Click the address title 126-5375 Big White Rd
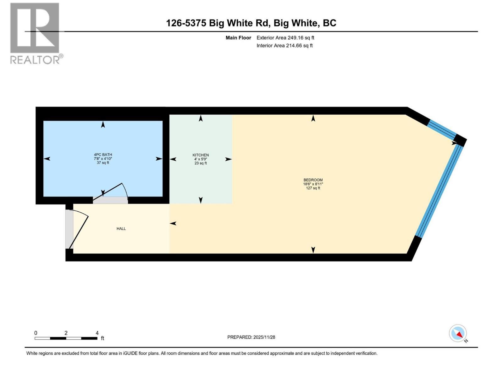pyautogui.click(x=251, y=23)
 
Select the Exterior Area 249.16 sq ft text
pyautogui.click(x=285, y=38)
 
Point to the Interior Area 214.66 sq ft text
pyautogui.click(x=285, y=46)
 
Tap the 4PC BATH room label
pyautogui.click(x=103, y=155)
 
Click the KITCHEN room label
pyautogui.click(x=201, y=155)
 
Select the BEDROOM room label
pyautogui.click(x=313, y=180)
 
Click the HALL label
pyautogui.click(x=121, y=229)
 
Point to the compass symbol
pyautogui.click(x=458, y=333)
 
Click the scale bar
pyautogui.click(x=66, y=338)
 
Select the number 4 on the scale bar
pyautogui.click(x=97, y=333)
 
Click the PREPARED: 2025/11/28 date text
pyautogui.click(x=251, y=337)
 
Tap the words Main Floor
pyautogui.click(x=238, y=38)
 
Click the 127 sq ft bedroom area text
pyautogui.click(x=313, y=188)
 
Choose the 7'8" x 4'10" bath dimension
pyautogui.click(x=103, y=159)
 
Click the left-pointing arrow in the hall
pyautogui.click(x=173, y=223)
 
